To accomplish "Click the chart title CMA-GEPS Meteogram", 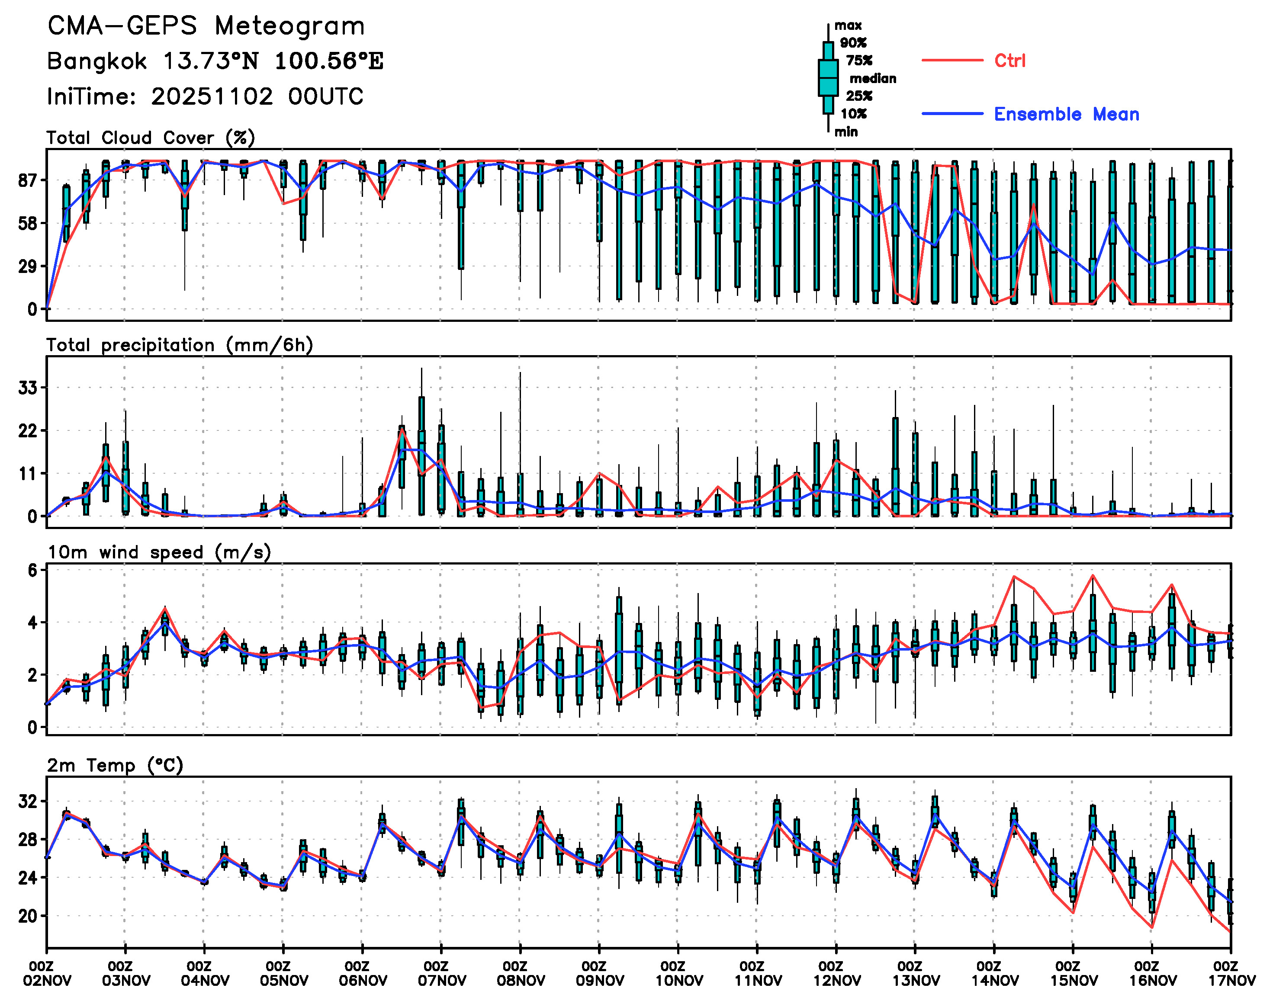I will tap(206, 26).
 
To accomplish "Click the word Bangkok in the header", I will tap(96, 61).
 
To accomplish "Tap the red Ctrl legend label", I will tap(1009, 61).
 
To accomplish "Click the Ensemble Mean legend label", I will tap(1066, 114).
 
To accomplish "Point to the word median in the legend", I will tap(873, 79).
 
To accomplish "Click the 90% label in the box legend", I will tap(852, 43).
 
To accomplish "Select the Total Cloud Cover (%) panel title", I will tap(151, 138).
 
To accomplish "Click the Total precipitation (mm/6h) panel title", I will tap(179, 345).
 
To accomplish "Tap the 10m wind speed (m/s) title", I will tap(159, 552).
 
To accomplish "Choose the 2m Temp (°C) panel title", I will tap(115, 765).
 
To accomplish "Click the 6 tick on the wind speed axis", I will tap(32, 570).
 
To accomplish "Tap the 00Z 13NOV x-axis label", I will tap(915, 973).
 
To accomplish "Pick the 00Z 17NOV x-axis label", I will tap(1231, 973).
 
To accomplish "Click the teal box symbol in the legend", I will tap(828, 77).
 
